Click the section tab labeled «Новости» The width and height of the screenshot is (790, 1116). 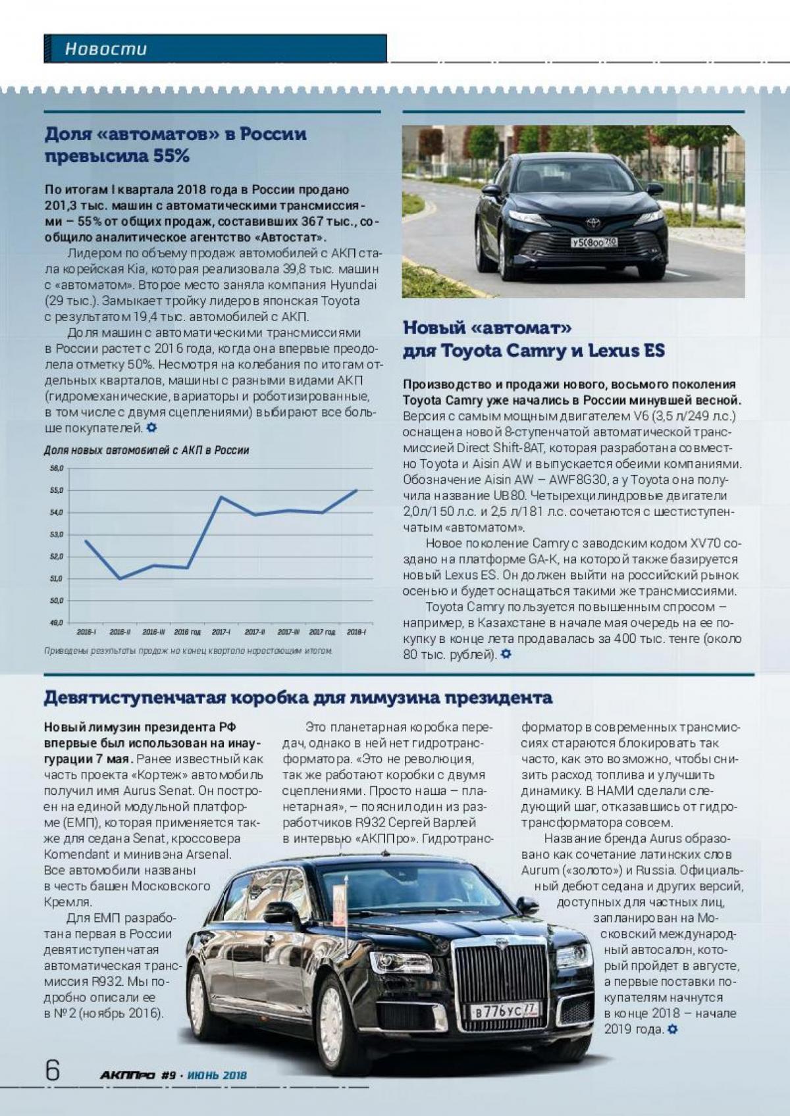point(106,49)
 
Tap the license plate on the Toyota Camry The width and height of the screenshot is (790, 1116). point(594,242)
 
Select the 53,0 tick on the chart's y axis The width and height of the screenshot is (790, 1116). point(57,534)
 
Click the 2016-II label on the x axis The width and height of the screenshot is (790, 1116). point(120,632)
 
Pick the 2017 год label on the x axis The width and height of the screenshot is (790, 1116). point(322,632)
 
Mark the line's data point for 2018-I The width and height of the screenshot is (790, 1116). point(356,490)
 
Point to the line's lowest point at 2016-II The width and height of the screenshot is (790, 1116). point(120,578)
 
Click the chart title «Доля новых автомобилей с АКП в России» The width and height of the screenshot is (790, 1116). point(146,451)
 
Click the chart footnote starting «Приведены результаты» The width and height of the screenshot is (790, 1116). point(188,651)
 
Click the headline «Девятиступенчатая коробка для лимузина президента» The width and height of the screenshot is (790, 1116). point(298,697)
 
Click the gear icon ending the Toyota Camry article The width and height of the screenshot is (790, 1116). point(506,654)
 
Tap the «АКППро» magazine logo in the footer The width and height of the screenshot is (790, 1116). point(127,1075)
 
